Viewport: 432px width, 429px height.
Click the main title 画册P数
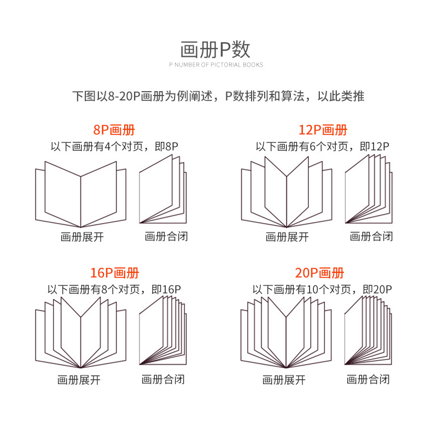coord(215,49)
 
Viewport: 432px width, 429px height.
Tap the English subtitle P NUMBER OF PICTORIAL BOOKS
coord(215,65)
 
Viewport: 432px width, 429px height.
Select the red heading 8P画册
coord(114,130)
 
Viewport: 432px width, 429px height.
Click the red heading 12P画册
coord(323,130)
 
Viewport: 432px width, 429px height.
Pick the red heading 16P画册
coord(114,273)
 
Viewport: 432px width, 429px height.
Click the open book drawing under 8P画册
coord(81,194)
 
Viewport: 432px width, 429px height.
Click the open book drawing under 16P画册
coord(81,334)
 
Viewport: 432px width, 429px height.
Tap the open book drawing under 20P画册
coord(287,334)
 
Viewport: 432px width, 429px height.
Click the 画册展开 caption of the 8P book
coord(82,237)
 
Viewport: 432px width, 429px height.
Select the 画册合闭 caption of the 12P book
coord(371,237)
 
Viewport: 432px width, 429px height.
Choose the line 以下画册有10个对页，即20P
coord(323,289)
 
